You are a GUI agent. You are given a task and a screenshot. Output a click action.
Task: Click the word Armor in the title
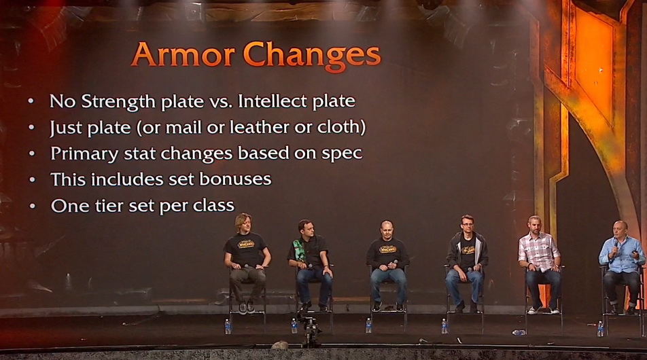[x=183, y=54]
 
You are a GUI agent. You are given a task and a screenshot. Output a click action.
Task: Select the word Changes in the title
[x=312, y=56]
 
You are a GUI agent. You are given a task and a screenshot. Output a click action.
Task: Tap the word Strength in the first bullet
[x=118, y=101]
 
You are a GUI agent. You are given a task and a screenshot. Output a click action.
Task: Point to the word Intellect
[x=273, y=101]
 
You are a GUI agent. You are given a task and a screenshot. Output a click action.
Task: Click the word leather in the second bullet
[x=260, y=127]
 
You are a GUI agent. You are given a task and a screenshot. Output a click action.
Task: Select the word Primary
[x=84, y=154]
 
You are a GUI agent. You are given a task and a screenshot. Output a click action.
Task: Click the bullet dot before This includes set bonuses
[x=32, y=180]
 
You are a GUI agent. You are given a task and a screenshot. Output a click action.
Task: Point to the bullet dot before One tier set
[x=32, y=206]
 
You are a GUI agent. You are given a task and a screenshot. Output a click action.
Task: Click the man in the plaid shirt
[x=540, y=264]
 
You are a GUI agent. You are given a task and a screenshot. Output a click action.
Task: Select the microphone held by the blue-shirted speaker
[x=616, y=246]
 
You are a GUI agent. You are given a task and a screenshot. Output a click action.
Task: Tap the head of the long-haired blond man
[x=243, y=223]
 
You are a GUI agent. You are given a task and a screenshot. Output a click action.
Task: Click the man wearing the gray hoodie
[x=466, y=263]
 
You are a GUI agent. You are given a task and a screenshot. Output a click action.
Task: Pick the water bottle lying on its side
[x=519, y=332]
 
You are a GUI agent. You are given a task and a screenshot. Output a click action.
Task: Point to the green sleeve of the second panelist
[x=297, y=251]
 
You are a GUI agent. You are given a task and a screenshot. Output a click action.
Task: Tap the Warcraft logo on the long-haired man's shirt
[x=245, y=244]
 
